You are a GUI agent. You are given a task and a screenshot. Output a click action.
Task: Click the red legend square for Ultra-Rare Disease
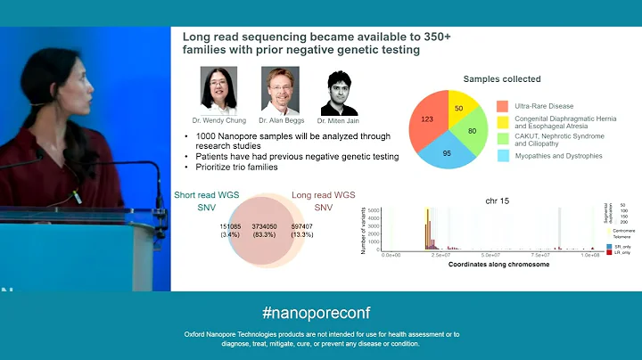(502, 106)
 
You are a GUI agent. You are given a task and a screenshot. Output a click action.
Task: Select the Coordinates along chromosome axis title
(486, 265)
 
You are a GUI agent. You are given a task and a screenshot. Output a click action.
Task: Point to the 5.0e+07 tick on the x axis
(490, 254)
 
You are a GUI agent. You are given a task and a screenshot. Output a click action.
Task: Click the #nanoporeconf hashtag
(317, 313)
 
